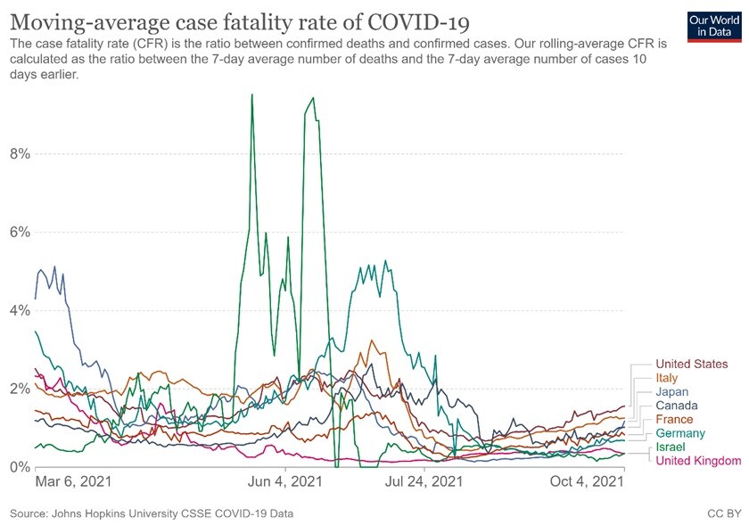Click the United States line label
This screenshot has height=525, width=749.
tap(691, 364)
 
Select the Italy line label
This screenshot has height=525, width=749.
tap(666, 378)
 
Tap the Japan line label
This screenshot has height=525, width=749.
tap(672, 392)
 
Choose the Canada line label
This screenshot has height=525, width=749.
tap(677, 406)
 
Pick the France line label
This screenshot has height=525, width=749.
tap(674, 420)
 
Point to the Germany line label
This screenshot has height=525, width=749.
tap(680, 433)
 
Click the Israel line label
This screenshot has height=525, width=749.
tap(670, 447)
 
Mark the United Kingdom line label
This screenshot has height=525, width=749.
tap(698, 461)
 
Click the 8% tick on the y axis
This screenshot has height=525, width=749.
tap(20, 153)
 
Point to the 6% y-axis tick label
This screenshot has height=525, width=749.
tap(20, 232)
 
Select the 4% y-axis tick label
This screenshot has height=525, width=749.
tap(20, 310)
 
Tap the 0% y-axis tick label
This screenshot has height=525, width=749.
tap(20, 467)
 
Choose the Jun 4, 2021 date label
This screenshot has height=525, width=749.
tap(284, 482)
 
